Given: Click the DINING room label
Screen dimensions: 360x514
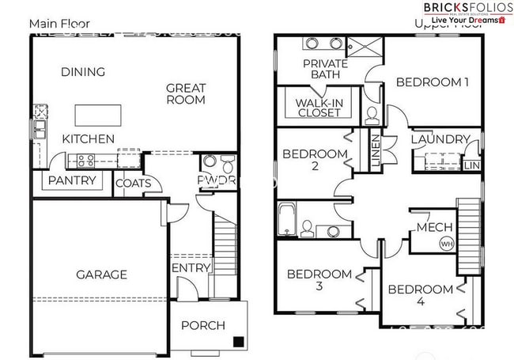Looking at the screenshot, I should pyautogui.click(x=82, y=72).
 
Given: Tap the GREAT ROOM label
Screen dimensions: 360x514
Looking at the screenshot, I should pyautogui.click(x=186, y=93).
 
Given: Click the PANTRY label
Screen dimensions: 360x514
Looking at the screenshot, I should pyautogui.click(x=72, y=180).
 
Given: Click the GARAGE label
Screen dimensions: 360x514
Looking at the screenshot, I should pyautogui.click(x=101, y=275).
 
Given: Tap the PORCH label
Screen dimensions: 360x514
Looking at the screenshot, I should pyautogui.click(x=203, y=325).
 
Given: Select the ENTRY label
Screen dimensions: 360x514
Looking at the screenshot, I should pyautogui.click(x=191, y=268).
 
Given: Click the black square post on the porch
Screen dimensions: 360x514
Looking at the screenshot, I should pyautogui.click(x=237, y=342).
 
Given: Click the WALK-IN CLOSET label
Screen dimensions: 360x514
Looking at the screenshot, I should pyautogui.click(x=318, y=108).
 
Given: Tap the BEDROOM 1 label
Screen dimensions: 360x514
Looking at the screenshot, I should pyautogui.click(x=433, y=81).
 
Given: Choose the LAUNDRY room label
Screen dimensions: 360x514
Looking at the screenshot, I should pyautogui.click(x=440, y=139).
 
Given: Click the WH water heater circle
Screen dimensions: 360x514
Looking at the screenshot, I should pyautogui.click(x=448, y=244).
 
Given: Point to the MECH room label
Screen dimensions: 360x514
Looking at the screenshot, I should pyautogui.click(x=434, y=228).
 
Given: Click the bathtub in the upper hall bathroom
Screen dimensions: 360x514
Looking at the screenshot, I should pyautogui.click(x=286, y=220).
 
